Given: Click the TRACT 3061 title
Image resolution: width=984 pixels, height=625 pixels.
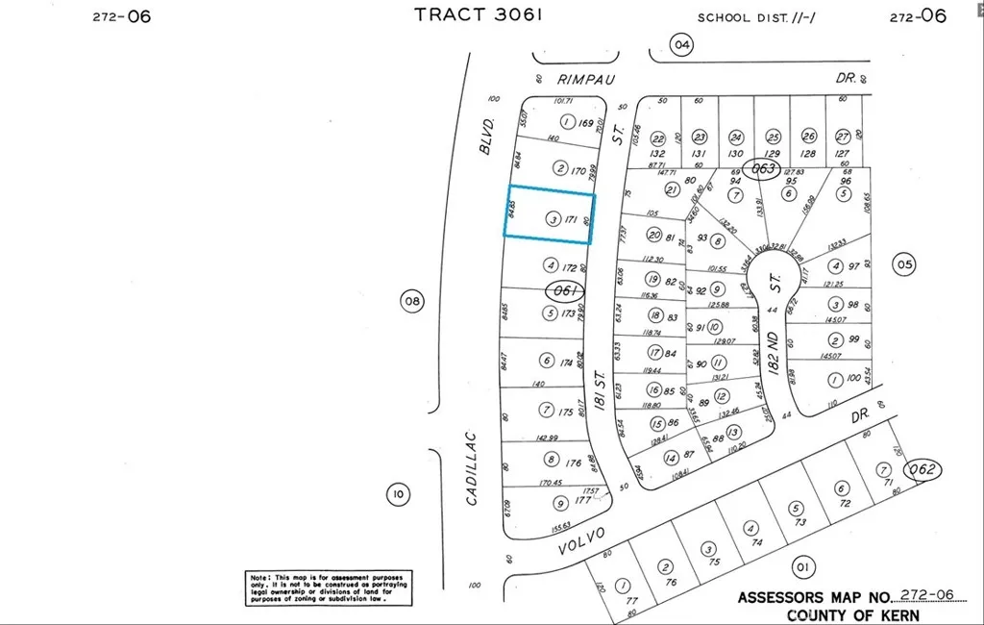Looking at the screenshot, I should pos(479,14).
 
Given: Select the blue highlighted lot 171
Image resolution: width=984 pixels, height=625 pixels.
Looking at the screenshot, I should pos(550,213).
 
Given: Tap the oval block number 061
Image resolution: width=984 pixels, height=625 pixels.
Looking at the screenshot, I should pos(564,289).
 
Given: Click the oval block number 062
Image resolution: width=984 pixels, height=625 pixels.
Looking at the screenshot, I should pos(925,471).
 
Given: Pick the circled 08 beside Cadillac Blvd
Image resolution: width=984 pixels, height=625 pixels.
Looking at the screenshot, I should pos(411,302).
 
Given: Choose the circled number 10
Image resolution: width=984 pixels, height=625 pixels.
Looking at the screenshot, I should pos(397,495).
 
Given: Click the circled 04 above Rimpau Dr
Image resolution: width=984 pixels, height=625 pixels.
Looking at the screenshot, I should pos(681,44).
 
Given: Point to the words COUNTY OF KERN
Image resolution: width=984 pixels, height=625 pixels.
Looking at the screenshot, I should pos(852,614).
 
